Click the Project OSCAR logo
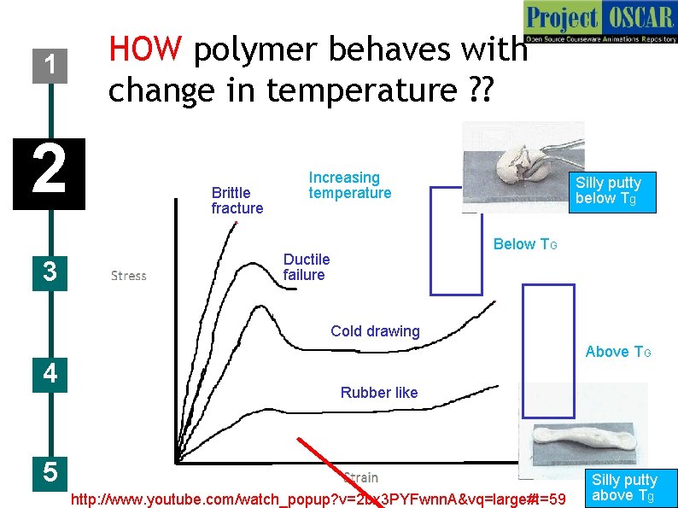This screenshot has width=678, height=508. click(600, 22)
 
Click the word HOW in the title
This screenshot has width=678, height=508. click(144, 50)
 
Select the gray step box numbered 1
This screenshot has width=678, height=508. click(51, 65)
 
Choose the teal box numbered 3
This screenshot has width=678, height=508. click(50, 272)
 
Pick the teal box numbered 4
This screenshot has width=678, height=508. click(50, 374)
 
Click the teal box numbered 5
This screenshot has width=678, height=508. click(50, 470)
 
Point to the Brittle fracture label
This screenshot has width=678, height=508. click(237, 201)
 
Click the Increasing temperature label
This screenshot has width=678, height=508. click(349, 185)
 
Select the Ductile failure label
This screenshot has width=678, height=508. click(306, 266)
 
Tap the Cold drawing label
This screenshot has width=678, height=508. click(375, 331)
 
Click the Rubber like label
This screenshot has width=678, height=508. click(379, 393)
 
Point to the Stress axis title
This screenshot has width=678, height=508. click(129, 276)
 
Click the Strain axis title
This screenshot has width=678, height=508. click(360, 477)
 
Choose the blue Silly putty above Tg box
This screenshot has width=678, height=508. click(624, 488)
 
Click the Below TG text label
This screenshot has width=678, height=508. click(525, 245)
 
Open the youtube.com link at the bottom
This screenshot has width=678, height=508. click(319, 499)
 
